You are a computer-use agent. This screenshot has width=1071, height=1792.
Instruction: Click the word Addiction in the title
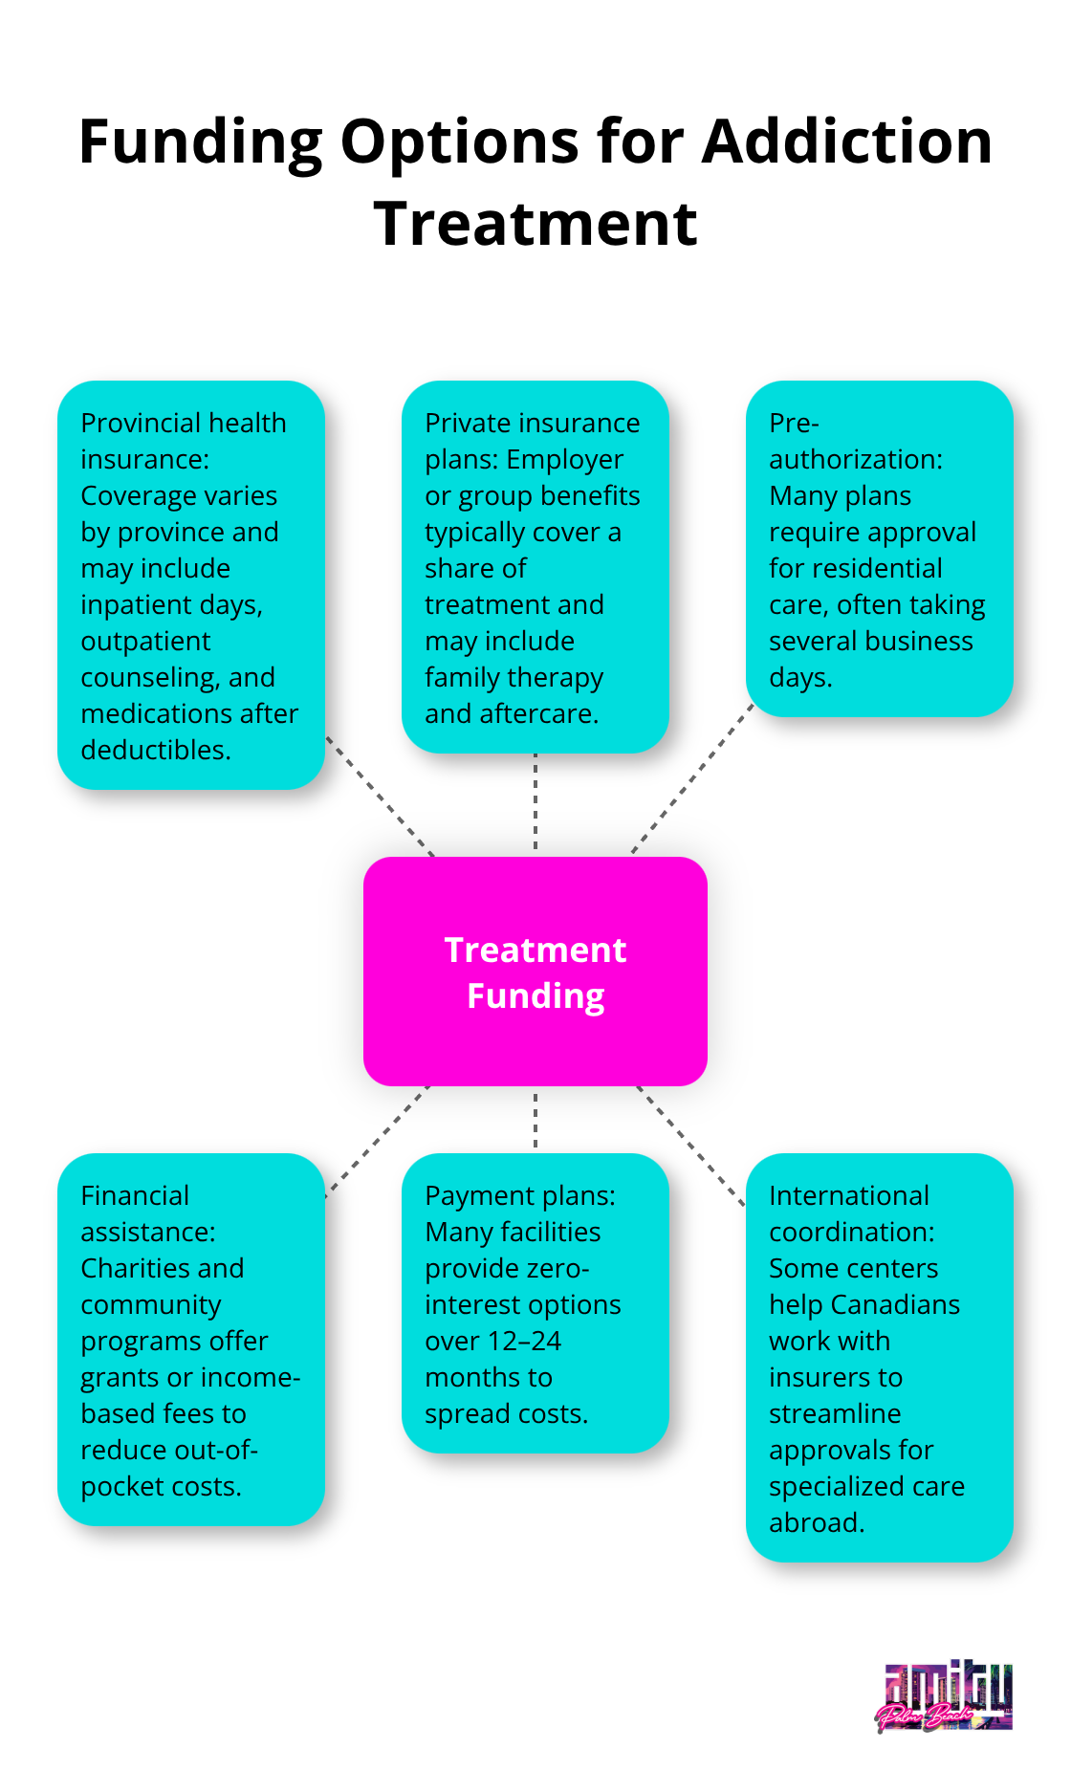847,142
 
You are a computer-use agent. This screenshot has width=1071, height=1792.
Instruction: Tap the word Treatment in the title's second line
535,224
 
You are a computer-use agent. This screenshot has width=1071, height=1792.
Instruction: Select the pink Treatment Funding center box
535,972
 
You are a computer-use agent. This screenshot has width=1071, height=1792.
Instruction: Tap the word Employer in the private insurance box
564,460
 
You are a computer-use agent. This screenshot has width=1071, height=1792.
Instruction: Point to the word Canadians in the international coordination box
895,1305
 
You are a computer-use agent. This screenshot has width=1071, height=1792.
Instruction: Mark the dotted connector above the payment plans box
535,1120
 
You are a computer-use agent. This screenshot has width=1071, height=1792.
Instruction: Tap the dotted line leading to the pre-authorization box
692,778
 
